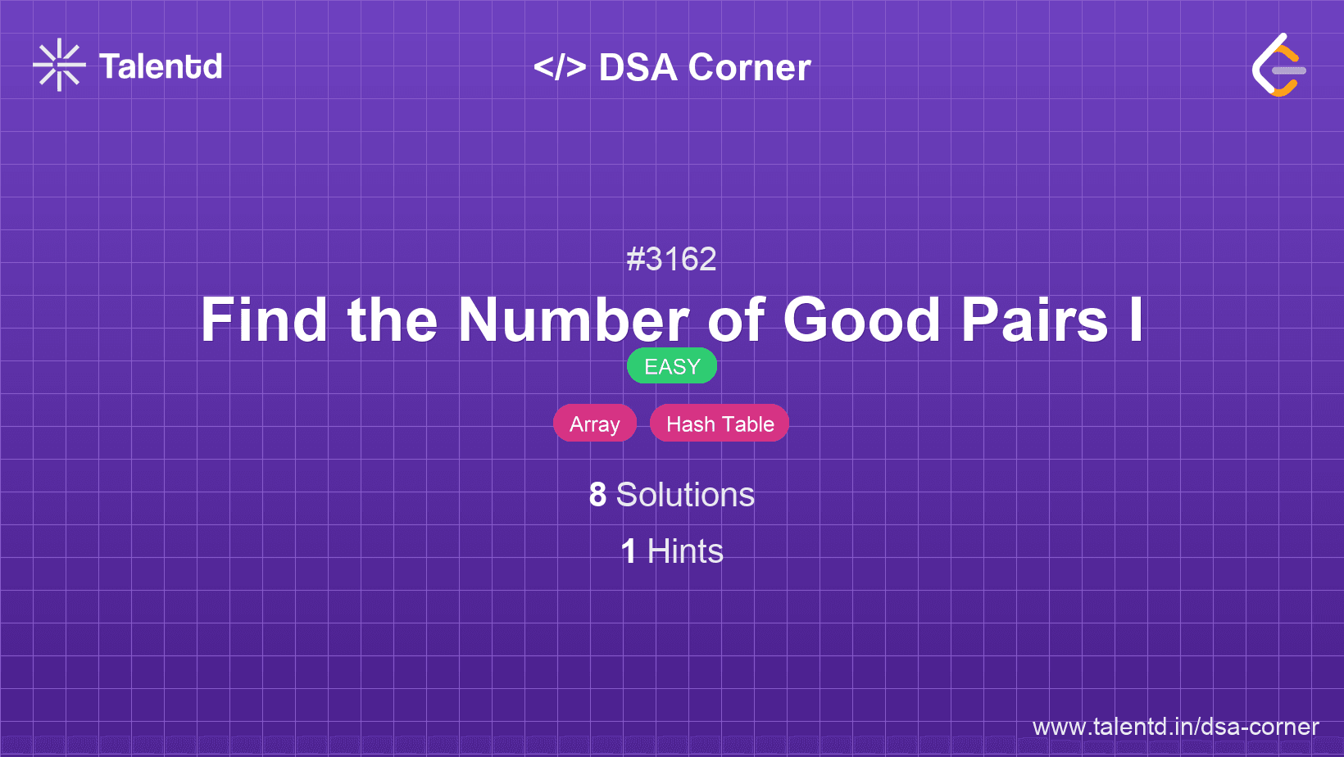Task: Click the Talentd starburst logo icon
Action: [59, 65]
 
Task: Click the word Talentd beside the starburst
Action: [161, 66]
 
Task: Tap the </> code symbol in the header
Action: [560, 66]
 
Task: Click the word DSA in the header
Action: [638, 67]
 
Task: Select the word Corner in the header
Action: [749, 67]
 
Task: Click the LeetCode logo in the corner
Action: [1279, 65]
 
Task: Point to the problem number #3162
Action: [671, 259]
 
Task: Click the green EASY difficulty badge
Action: [672, 366]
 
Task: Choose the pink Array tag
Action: [595, 424]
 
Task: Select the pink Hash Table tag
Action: [720, 424]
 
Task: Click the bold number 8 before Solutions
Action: [597, 495]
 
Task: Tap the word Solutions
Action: [685, 495]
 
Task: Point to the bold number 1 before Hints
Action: [629, 551]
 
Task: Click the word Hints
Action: [685, 551]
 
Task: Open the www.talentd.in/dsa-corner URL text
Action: [1175, 727]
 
